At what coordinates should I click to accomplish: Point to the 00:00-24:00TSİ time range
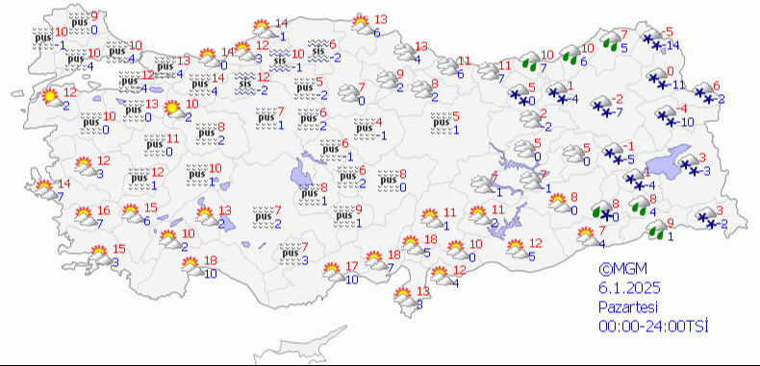652,327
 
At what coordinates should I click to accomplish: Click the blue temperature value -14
672,45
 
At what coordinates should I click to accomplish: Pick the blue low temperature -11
677,85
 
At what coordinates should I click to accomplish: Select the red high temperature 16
104,211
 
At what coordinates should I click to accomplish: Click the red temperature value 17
351,266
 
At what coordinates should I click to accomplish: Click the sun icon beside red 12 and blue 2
48,97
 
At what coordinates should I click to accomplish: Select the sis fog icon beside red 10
280,61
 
